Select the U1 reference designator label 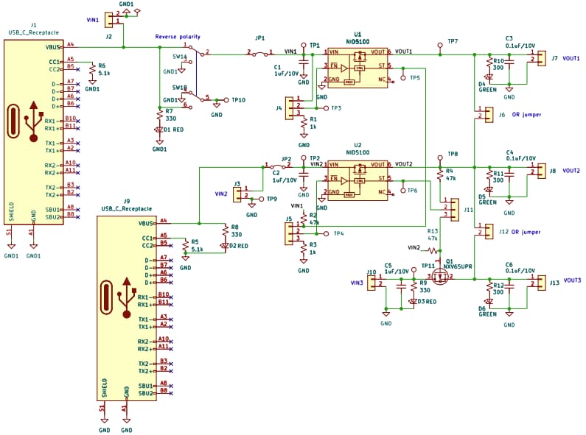358,34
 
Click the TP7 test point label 452,41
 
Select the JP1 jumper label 259,38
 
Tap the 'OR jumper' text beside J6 526,115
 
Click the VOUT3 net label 571,280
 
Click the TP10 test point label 238,99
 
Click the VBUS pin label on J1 54,46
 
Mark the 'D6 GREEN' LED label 487,311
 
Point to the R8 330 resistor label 236,230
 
